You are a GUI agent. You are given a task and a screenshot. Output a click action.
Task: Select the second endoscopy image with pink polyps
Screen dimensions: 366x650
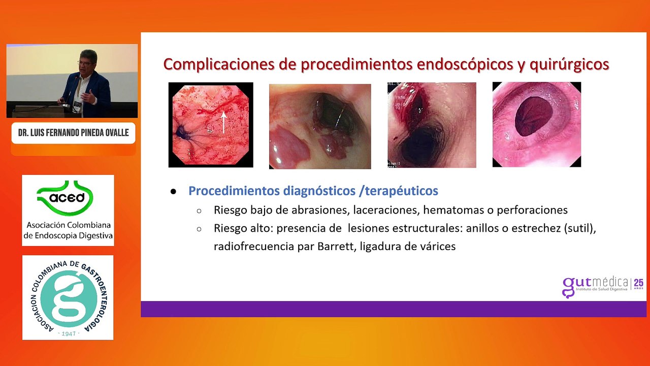coord(320,126)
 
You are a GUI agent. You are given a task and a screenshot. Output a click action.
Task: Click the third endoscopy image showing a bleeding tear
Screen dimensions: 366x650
coord(432,125)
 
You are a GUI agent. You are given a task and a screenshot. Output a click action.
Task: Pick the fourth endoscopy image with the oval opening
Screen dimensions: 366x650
coord(536,124)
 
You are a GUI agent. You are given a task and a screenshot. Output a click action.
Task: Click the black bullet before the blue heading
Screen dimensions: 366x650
coord(173,192)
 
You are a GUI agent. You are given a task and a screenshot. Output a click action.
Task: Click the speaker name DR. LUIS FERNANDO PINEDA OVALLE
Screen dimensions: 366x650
coord(73,133)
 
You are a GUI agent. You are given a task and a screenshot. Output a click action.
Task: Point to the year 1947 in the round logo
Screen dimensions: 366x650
coord(68,333)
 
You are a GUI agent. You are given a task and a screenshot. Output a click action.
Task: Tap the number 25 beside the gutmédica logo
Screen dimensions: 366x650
coord(639,282)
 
